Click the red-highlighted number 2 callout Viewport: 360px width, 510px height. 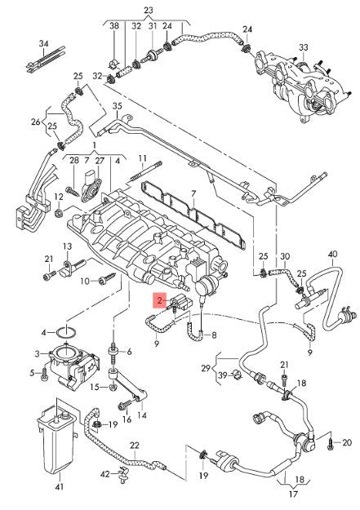pyautogui.click(x=159, y=300)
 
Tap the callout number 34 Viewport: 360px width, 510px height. pyautogui.click(x=44, y=43)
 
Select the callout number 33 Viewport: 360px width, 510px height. pyautogui.click(x=304, y=47)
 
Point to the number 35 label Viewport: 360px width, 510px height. pyautogui.click(x=118, y=106)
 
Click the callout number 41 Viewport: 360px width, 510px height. pyautogui.click(x=60, y=486)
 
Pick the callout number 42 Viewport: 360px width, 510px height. pyautogui.click(x=104, y=475)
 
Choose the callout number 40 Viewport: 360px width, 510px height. pyautogui.click(x=333, y=254)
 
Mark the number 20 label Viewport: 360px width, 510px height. pyautogui.click(x=347, y=442)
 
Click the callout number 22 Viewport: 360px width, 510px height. pyautogui.click(x=134, y=446)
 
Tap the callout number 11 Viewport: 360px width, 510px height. pyautogui.click(x=143, y=158)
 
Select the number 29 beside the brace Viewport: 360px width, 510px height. pyautogui.click(x=206, y=369)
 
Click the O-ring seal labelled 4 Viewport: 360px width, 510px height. pyautogui.click(x=66, y=333)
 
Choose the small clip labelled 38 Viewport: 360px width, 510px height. pyautogui.click(x=113, y=63)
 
